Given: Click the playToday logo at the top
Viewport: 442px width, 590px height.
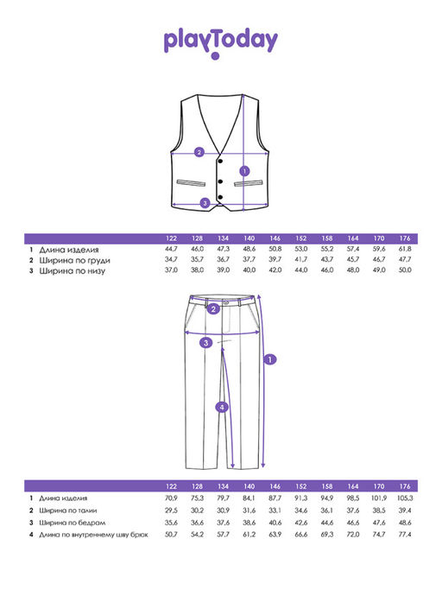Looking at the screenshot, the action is coord(220,42).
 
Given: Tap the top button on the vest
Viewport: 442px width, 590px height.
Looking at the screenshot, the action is coord(220,162).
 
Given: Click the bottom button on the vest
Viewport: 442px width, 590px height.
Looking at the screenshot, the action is coord(220,197).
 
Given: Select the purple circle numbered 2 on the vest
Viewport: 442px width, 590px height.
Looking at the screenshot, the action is coord(199,152).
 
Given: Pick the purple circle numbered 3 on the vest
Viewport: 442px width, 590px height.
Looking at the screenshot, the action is coord(205,203).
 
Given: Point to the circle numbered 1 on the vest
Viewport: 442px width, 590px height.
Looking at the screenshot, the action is coord(244,171).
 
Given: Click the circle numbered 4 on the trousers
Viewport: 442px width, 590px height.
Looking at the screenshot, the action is coord(222,407).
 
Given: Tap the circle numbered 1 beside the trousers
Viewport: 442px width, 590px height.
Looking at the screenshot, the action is coord(270,359).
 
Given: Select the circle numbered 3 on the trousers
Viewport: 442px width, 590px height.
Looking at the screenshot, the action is coord(205,343).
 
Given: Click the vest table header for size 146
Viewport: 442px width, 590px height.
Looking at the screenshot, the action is coord(275,238).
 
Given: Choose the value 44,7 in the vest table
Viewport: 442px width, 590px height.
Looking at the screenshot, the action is coord(171,249).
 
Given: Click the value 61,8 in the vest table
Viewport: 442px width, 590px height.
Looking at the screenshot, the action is coord(405,249).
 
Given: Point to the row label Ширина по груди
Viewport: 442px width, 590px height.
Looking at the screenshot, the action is coord(74,260).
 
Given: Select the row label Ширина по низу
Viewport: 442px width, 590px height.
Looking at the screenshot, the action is coord(72,271).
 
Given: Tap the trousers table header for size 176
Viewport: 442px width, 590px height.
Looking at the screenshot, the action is coord(405,486).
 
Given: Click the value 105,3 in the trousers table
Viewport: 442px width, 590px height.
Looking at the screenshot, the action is coord(405,498).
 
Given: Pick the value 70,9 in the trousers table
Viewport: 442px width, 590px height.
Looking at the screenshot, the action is coord(171,498).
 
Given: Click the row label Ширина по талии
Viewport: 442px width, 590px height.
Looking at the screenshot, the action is coord(68,511).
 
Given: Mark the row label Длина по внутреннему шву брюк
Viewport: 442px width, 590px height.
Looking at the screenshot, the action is coord(94,535).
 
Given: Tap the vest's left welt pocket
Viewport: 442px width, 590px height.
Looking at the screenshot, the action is coord(191,183).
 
